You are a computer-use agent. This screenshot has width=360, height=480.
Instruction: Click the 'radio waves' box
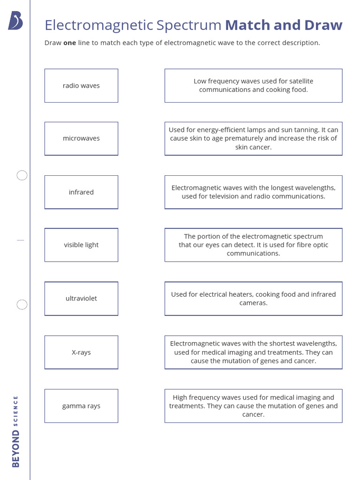pos(81,86)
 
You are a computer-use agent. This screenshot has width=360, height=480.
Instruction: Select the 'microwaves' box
pos(81,139)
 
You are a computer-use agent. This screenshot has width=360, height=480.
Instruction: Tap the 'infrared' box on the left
pos(81,192)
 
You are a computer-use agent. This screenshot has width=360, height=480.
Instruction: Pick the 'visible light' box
pos(81,245)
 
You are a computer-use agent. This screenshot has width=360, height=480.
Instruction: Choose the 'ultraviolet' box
pos(81,299)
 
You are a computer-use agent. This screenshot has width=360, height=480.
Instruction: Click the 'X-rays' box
pos(81,352)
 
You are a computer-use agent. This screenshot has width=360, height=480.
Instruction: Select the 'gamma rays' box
pos(81,406)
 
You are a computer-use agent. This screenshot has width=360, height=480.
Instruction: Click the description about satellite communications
pos(253,86)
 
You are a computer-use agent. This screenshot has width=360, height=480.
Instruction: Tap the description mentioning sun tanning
pos(253,139)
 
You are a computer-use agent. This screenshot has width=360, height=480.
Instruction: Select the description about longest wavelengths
pos(253,192)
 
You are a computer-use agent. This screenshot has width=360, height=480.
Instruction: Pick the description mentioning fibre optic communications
pos(253,245)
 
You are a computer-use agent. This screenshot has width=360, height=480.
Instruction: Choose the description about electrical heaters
pos(253,299)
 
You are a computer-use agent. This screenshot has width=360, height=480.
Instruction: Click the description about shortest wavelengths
pos(253,352)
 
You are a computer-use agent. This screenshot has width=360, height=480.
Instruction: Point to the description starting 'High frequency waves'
pos(253,406)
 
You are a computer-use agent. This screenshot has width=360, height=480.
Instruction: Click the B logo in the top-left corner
pos(15,21)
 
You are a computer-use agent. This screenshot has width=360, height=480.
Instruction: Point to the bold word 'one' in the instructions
pos(70,43)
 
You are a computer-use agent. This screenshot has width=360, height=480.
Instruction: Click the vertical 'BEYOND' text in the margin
pos(16,449)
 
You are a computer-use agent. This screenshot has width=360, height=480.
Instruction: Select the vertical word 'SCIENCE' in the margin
pos(16,411)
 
